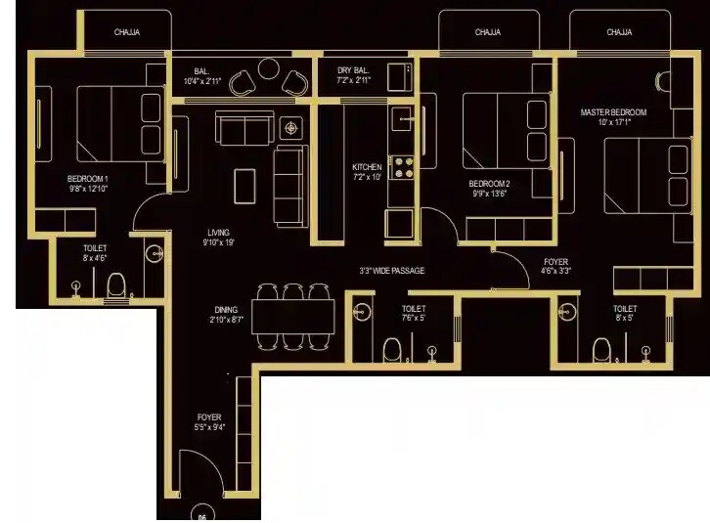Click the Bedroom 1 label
click(87, 178)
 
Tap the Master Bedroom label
click(613, 112)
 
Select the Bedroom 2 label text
click(489, 183)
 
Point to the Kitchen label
click(367, 167)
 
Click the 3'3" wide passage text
click(391, 271)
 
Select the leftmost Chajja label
click(127, 32)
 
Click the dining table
click(293, 316)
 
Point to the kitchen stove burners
click(403, 167)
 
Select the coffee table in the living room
click(244, 184)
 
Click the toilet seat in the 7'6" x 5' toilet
click(391, 349)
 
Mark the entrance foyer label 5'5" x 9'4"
click(208, 422)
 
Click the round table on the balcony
click(269, 71)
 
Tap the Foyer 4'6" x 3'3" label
click(556, 266)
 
